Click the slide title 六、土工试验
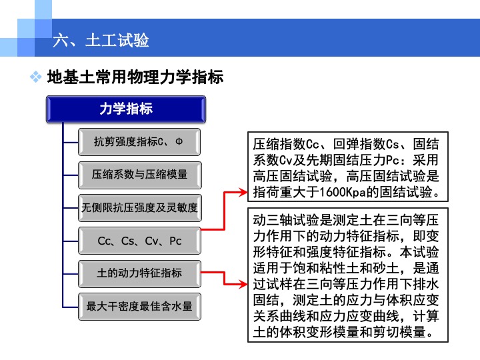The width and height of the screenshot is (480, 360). (101, 40)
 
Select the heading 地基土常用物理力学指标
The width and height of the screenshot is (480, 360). (135, 77)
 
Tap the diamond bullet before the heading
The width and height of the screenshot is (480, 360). (36, 77)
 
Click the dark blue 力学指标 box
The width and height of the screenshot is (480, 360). (126, 109)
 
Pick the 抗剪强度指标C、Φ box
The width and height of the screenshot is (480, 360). (139, 142)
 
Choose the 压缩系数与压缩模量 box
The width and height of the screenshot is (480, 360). (139, 175)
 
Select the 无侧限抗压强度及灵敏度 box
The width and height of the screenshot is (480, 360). (139, 208)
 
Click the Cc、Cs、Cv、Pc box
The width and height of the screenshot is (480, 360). (139, 241)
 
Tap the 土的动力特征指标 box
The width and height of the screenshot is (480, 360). (139, 273)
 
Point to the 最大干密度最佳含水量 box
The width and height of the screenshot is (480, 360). (139, 307)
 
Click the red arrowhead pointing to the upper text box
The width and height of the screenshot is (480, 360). (243, 192)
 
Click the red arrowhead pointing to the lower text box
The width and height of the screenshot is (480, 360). (243, 285)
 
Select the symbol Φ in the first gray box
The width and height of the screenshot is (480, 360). (179, 141)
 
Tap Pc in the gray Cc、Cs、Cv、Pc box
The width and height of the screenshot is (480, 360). (175, 241)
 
